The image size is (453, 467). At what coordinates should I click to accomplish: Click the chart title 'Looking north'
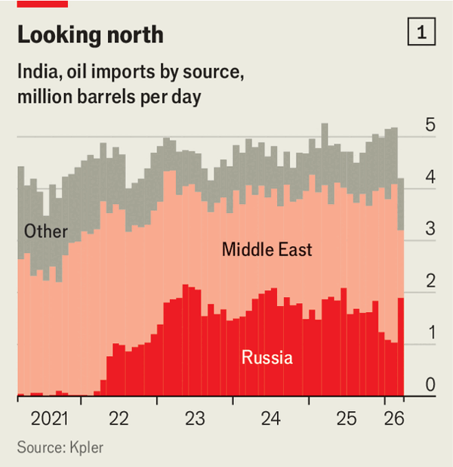(x=90, y=35)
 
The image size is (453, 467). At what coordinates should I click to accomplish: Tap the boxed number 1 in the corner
(x=421, y=32)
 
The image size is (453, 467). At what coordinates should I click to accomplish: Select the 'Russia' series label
(x=267, y=357)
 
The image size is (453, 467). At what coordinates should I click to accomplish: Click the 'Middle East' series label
(x=267, y=249)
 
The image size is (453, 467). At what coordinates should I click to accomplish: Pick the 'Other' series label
(x=45, y=231)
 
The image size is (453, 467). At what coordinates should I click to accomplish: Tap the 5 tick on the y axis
(x=430, y=125)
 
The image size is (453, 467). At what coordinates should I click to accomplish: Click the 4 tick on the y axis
(x=430, y=178)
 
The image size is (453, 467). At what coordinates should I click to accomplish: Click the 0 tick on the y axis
(x=430, y=385)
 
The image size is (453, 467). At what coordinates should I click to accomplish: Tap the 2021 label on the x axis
(x=48, y=419)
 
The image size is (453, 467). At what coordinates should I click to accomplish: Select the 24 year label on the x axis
(x=270, y=419)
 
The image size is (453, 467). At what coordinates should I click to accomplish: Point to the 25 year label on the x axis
(x=346, y=419)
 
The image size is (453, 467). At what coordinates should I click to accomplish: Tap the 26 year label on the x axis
(x=394, y=419)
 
